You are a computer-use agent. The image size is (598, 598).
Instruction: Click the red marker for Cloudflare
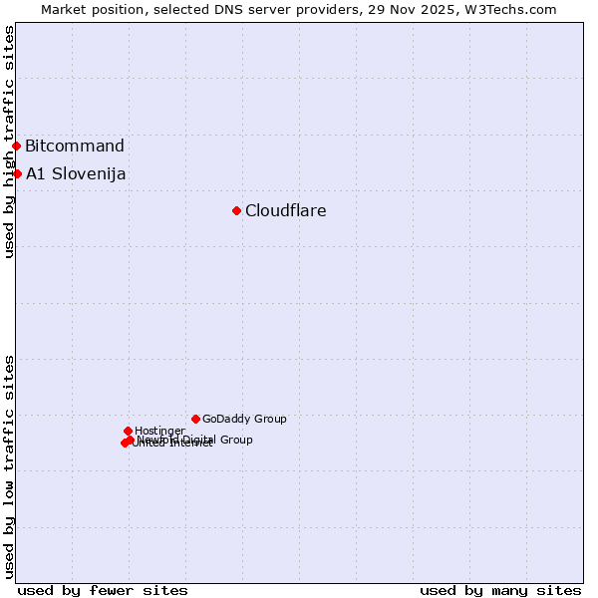(236, 210)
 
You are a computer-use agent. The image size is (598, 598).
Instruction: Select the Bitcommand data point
(16, 146)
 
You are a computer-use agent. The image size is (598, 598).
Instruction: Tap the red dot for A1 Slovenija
(17, 173)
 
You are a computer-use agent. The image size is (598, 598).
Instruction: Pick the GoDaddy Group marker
(195, 419)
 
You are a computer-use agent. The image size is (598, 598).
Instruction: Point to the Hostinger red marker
(128, 431)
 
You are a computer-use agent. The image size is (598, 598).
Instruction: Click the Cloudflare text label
(286, 210)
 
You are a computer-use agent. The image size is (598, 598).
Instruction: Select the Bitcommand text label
(75, 146)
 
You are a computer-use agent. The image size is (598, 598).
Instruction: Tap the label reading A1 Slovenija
(76, 173)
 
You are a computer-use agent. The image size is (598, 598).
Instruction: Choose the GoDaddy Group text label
(244, 419)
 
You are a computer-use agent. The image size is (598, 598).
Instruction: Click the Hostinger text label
(159, 431)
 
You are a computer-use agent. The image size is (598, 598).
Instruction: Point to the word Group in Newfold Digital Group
(235, 440)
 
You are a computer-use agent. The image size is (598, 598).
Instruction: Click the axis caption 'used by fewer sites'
(103, 590)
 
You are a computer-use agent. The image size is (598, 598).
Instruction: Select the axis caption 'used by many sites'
(500, 590)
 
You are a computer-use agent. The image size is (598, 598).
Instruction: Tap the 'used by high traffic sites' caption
(9, 142)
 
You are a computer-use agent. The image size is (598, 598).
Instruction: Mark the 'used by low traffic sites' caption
(9, 465)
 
